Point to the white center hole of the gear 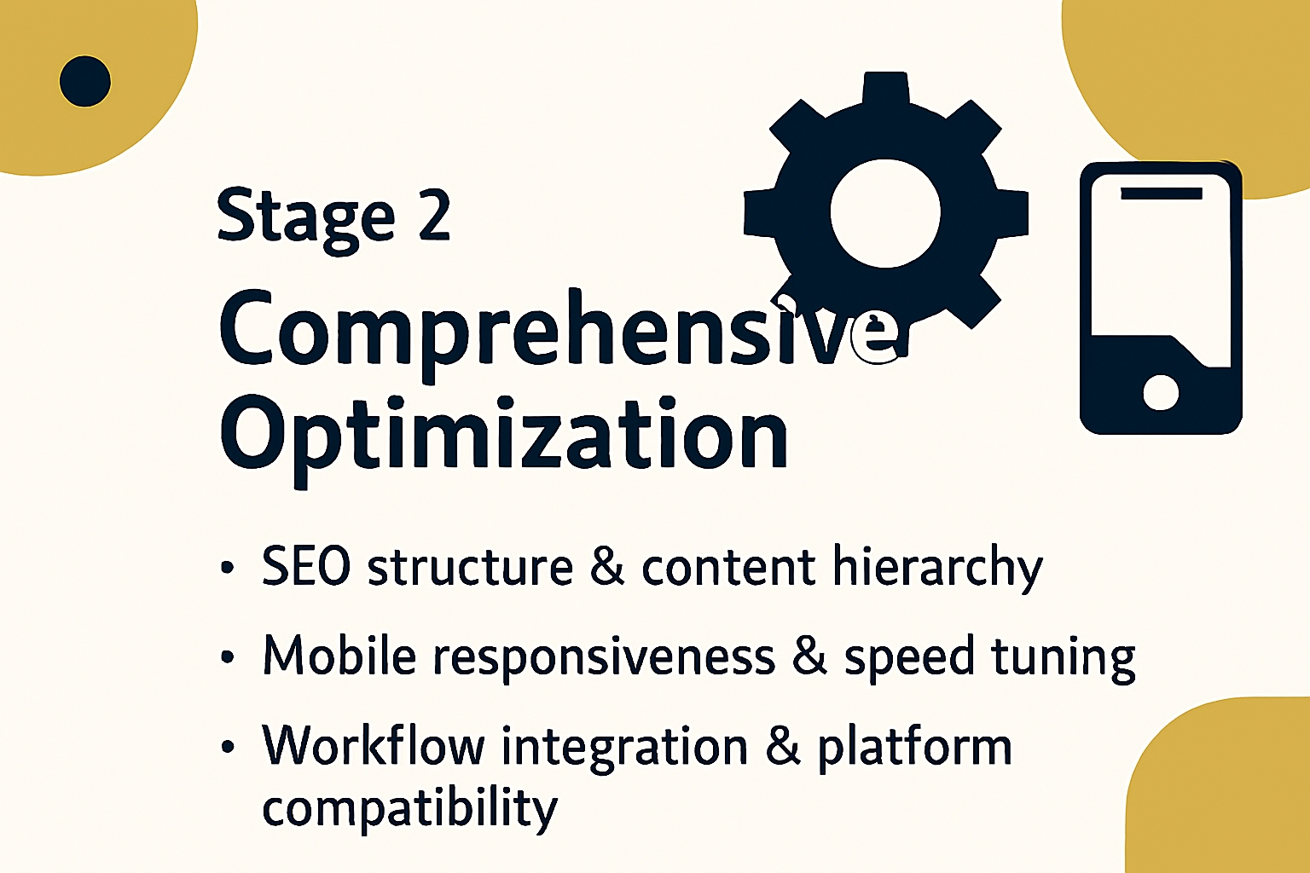click(885, 213)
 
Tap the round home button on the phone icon click(1160, 392)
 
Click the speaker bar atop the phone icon click(1162, 194)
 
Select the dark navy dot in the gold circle click(84, 81)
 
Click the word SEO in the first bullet click(306, 566)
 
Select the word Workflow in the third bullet click(374, 744)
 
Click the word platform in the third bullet click(914, 749)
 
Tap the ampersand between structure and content click(607, 567)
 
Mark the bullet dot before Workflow click(228, 747)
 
